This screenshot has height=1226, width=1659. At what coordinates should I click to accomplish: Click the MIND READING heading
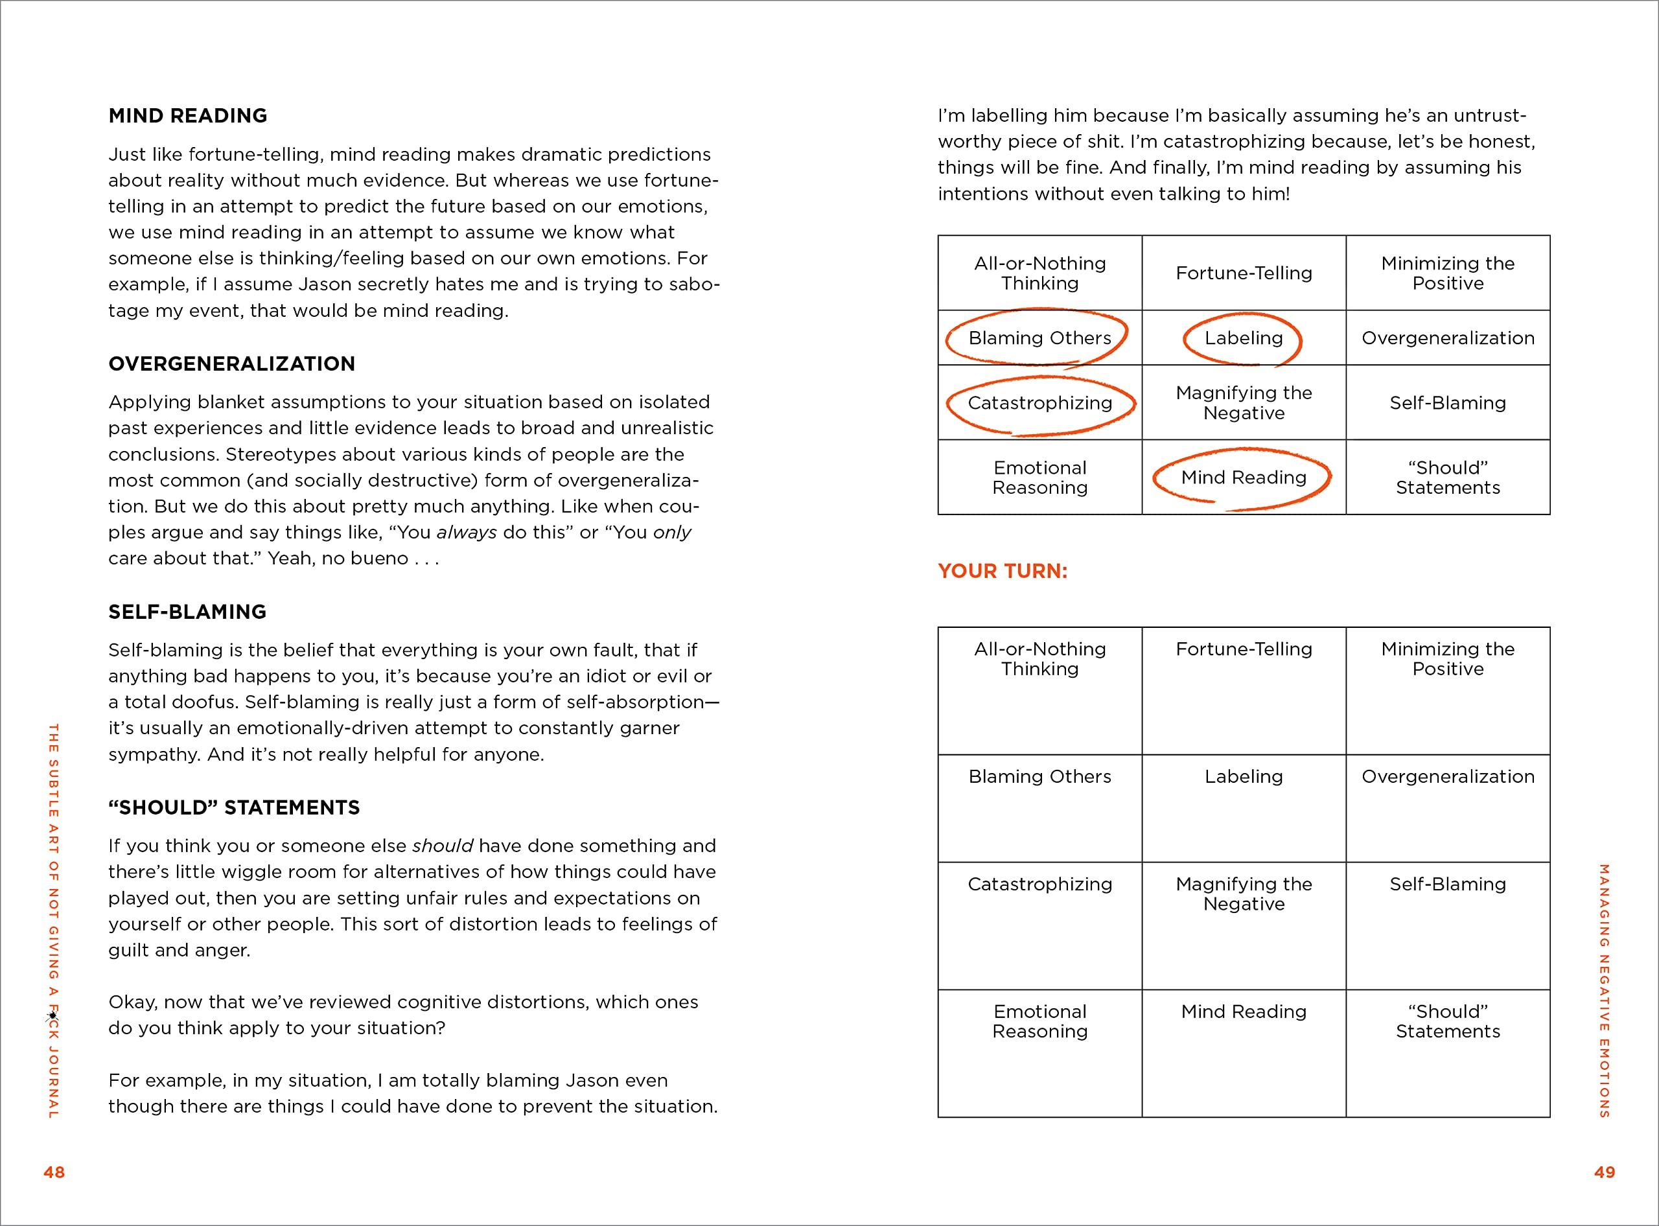click(188, 116)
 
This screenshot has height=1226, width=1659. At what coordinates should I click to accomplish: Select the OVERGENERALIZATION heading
click(231, 364)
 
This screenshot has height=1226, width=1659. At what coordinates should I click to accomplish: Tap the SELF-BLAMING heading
click(187, 612)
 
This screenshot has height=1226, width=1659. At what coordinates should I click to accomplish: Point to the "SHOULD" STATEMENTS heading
click(234, 807)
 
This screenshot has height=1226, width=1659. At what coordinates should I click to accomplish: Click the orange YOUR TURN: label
click(1002, 571)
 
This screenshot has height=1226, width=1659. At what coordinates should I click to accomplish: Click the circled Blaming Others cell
click(1039, 338)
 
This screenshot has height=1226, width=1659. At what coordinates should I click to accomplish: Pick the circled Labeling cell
click(1244, 338)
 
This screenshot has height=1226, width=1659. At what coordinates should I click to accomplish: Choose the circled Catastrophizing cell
click(1039, 403)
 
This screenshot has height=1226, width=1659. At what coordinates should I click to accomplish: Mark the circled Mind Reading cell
click(1244, 477)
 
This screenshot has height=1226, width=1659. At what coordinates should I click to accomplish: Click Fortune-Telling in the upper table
click(1244, 273)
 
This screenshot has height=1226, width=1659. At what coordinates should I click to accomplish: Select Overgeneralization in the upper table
click(1448, 338)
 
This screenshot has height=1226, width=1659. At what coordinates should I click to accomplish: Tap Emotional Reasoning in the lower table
click(1039, 1021)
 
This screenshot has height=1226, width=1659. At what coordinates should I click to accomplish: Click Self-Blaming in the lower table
click(1448, 884)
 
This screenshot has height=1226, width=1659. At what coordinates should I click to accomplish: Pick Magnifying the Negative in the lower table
click(1244, 894)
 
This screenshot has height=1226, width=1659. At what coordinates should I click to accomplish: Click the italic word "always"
click(466, 533)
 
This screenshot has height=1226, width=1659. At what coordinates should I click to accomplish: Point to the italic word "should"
click(443, 846)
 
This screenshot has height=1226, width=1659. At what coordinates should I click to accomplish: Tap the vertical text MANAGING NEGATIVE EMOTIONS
click(1604, 991)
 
